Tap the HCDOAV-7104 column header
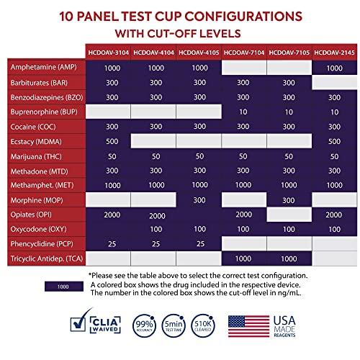pyautogui.click(x=245, y=53)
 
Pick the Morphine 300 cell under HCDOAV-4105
pyautogui.click(x=199, y=199)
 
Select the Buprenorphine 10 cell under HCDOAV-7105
pyautogui.click(x=289, y=112)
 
